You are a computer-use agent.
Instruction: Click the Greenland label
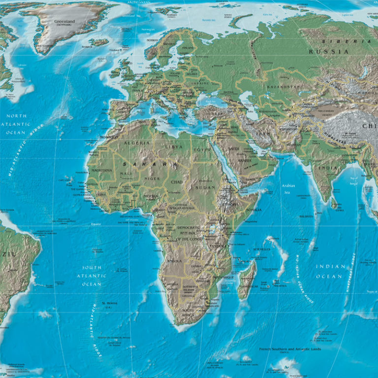click(64, 22)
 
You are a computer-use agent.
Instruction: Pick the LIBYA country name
click(174, 147)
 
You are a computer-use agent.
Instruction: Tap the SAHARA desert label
click(150, 164)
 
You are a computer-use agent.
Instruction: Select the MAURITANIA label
click(101, 171)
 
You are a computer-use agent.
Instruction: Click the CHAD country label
click(176, 182)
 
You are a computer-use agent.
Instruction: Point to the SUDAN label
click(205, 188)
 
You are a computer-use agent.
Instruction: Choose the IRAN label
click(261, 133)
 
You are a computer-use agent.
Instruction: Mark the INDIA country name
click(328, 168)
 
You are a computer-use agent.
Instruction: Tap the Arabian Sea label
click(288, 189)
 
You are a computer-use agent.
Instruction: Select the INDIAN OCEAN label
click(330, 271)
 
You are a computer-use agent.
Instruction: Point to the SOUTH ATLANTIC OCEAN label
click(92, 276)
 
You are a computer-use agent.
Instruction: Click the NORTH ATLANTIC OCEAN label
click(16, 125)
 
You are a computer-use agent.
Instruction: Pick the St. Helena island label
click(109, 303)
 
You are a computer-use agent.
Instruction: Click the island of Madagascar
click(247, 281)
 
